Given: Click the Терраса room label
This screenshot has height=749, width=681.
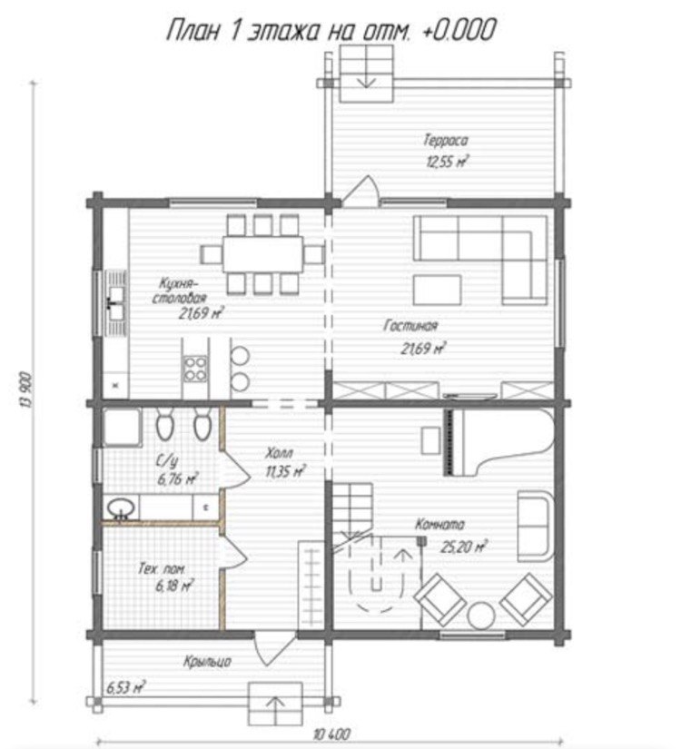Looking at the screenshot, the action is pos(446,141).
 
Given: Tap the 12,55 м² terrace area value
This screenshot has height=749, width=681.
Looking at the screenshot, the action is pos(447,161).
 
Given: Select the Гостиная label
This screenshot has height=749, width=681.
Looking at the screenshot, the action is pos(410,326).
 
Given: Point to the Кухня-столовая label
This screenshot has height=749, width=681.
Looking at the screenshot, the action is pos(179,291).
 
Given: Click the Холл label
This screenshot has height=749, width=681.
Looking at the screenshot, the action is pos(280,452).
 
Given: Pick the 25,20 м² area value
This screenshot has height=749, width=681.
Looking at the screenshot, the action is pos(464,546).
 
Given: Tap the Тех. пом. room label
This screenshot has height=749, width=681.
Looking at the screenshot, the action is pos(162,569).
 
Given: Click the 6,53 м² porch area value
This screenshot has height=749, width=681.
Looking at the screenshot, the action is pos(125,687).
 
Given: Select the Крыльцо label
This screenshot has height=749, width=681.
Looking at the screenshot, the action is pos(207,662).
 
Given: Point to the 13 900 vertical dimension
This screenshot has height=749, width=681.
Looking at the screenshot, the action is pos(26,389).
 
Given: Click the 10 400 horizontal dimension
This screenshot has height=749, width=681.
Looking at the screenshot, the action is pos(331,734).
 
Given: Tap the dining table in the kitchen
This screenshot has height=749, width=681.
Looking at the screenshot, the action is pos(262,253).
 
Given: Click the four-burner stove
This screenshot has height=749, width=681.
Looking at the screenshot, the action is pos(196,370).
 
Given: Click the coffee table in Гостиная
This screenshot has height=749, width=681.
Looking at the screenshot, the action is pos(438,290).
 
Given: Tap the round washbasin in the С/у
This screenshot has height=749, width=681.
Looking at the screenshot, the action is pos(121,508).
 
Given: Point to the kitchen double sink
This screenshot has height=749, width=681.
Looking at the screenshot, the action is pos(116,304).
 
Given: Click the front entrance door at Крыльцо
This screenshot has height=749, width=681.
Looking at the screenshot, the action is pos(274,649).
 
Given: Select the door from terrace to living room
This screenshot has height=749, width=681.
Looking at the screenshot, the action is pos(360,192).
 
